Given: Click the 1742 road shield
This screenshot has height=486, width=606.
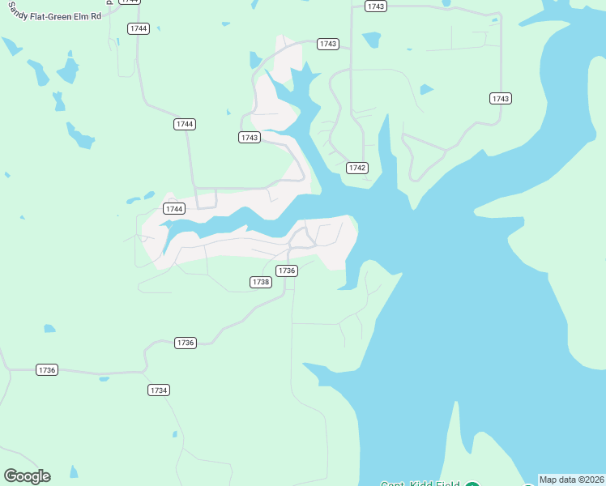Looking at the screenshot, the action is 357,168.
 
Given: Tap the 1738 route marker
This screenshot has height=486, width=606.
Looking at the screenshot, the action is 260,282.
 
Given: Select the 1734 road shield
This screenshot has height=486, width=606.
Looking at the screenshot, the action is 159,390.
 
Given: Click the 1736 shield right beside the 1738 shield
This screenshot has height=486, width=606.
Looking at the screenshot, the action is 286,271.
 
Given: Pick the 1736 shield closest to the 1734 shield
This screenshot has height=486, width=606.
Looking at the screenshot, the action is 186,343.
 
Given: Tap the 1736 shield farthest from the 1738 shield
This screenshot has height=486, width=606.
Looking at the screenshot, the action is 47,370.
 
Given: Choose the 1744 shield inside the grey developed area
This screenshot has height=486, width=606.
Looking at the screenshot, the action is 173,209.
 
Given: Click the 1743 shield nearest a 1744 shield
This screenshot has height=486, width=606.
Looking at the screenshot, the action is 250,138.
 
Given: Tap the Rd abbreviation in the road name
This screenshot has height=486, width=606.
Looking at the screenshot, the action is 96,15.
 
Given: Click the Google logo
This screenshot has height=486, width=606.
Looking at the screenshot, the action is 27,476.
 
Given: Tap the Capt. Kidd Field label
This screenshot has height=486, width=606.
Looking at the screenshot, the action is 420,484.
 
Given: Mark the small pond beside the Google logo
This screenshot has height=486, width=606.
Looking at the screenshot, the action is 74,471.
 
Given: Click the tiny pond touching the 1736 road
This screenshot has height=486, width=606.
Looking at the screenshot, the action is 104,378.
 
